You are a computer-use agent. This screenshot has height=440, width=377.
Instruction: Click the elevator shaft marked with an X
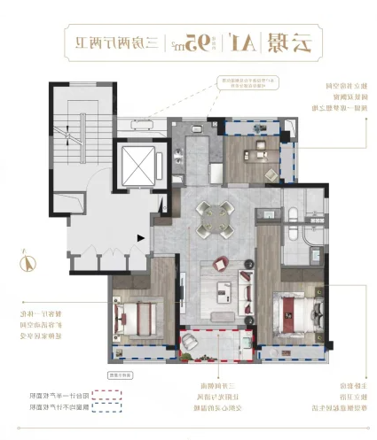134,163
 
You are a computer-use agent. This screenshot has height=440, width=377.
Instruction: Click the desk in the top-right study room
262,148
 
